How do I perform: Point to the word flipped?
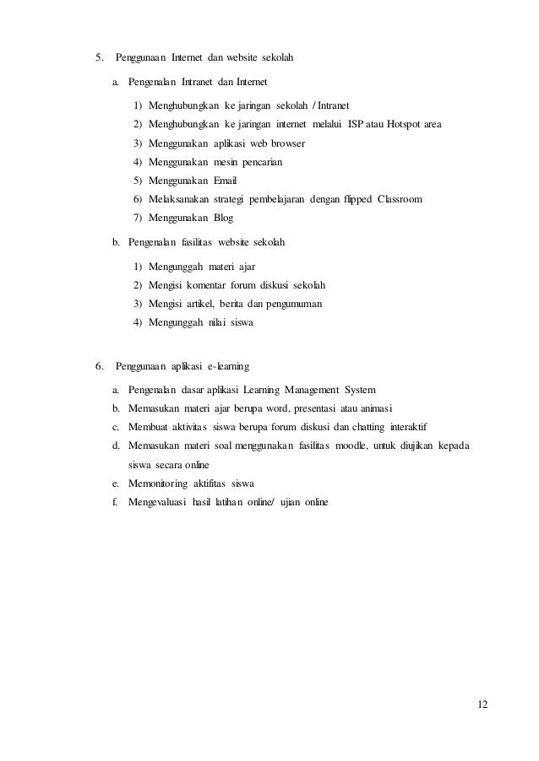coord(357,199)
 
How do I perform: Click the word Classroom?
coord(400,199)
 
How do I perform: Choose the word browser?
coord(286,144)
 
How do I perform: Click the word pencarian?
coord(259,162)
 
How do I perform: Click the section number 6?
coord(99,367)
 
